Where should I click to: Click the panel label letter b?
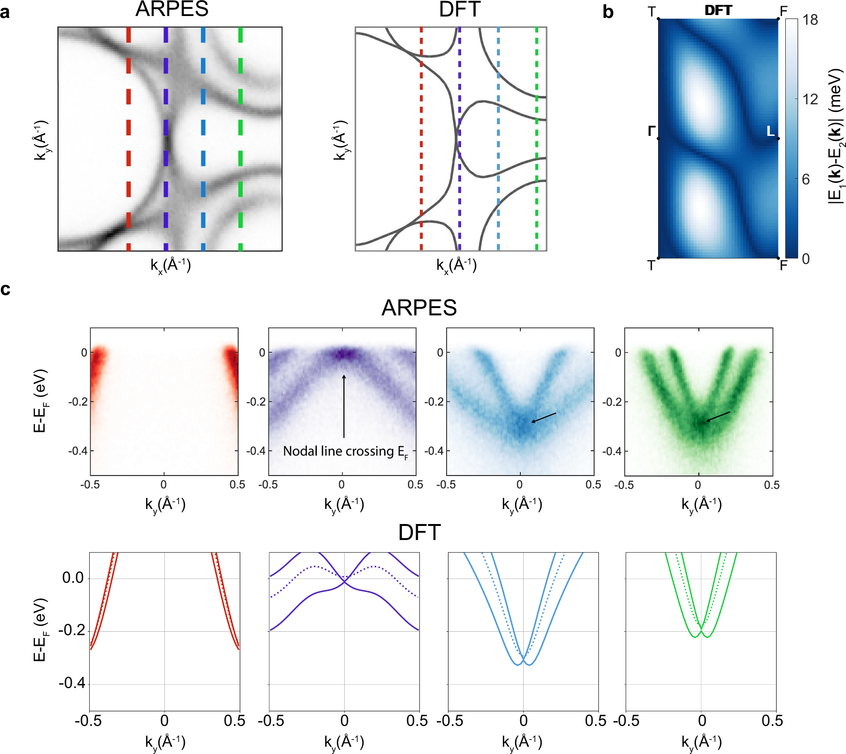tap(608, 12)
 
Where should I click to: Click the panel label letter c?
tap(5, 289)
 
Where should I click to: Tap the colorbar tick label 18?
tap(810, 20)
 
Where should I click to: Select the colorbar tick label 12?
tap(810, 99)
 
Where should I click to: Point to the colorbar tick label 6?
tap(806, 180)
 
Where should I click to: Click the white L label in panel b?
tap(770, 131)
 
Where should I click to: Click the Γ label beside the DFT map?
tap(652, 131)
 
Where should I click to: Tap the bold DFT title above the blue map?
tap(718, 10)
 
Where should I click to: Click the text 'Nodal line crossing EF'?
tap(345, 452)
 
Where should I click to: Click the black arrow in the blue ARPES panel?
tap(544, 417)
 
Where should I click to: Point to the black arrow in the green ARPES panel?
tap(718, 416)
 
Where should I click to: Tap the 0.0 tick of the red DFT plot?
tap(73, 578)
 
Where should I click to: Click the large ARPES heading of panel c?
tap(419, 308)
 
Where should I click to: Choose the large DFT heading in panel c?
tap(419, 533)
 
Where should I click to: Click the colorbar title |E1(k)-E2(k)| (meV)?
tap(835, 136)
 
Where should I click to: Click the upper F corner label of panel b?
tap(783, 11)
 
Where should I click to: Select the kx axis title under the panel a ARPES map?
tap(170, 265)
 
